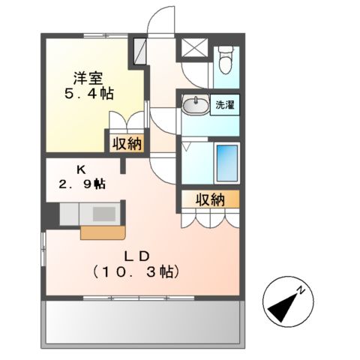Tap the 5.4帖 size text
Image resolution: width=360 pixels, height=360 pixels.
click(x=88, y=95)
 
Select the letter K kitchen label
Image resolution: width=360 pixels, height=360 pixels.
click(x=79, y=170)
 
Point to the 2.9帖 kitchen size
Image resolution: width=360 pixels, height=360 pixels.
click(x=82, y=184)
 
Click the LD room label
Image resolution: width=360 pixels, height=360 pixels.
click(x=136, y=255)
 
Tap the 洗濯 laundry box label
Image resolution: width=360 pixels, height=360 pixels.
click(x=225, y=105)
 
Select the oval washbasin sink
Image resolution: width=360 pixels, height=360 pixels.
click(x=196, y=106)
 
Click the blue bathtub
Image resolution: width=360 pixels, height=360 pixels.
click(x=226, y=162)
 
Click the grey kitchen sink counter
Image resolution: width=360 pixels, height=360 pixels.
click(x=88, y=213)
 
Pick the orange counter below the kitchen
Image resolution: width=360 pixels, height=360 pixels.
click(x=97, y=232)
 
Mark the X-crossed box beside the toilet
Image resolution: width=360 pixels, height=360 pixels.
click(x=192, y=49)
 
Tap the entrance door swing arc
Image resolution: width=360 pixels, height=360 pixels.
click(x=158, y=22)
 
